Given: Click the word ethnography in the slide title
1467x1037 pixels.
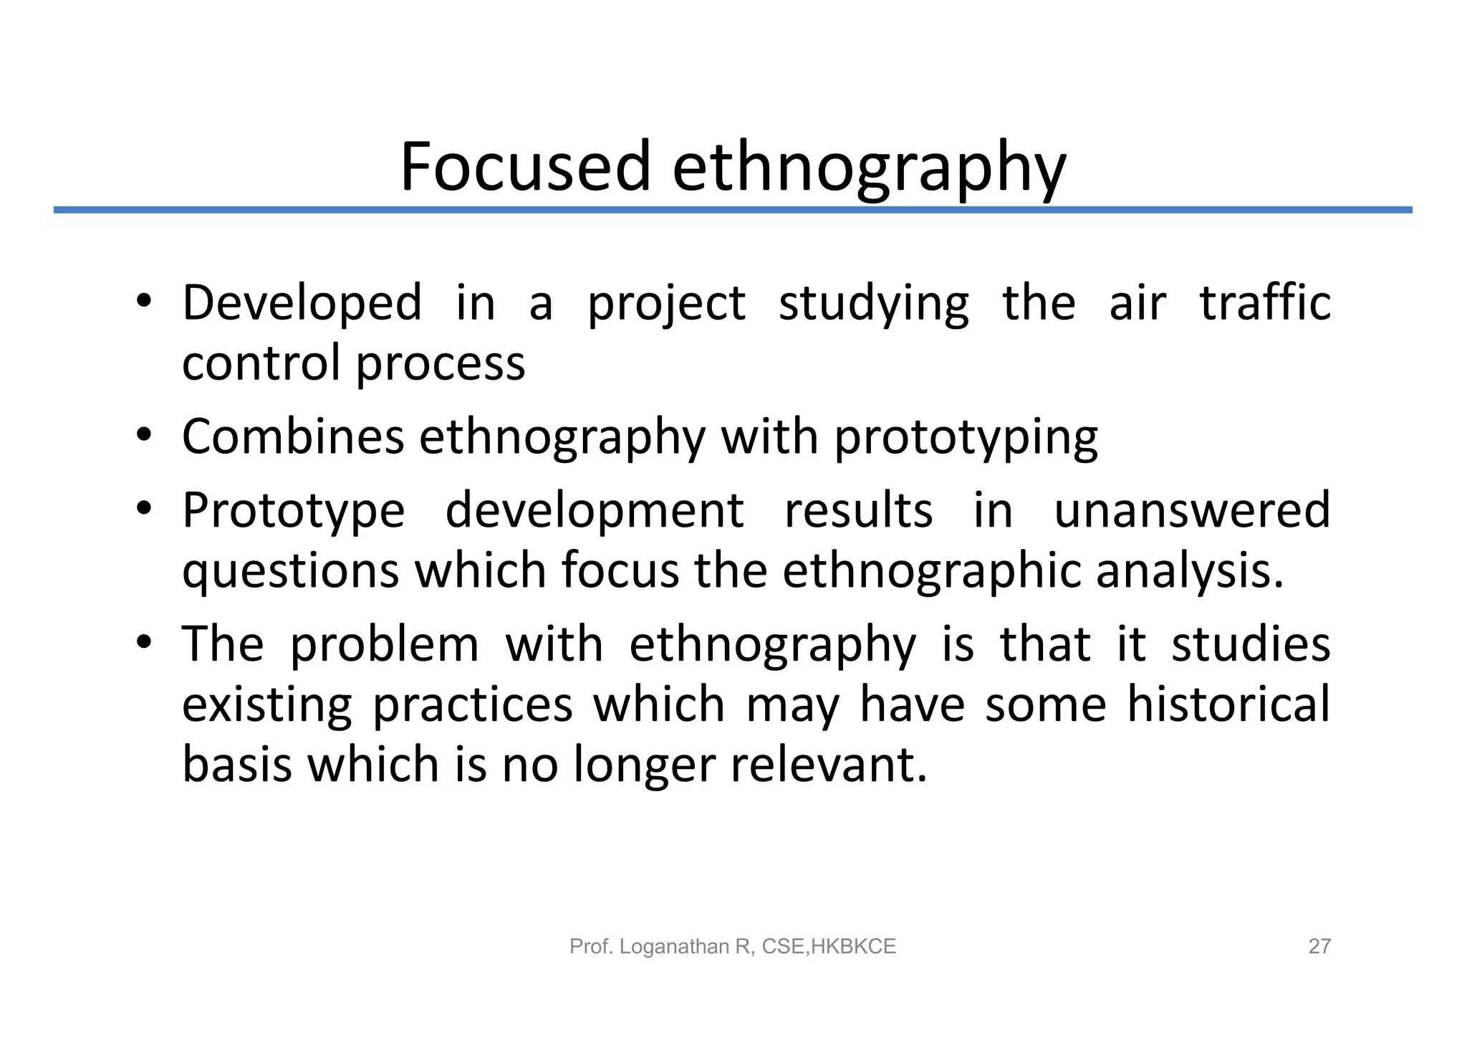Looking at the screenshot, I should point(868,169).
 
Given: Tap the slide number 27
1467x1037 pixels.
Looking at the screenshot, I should point(1319,947).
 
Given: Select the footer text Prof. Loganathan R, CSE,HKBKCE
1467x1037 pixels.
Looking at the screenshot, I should point(732,947).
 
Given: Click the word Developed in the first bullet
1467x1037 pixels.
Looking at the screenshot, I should point(302,303).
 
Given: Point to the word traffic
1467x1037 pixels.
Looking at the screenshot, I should point(1265,303).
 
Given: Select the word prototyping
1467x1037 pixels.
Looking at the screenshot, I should point(966,439).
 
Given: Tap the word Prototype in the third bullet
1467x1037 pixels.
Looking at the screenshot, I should point(293,512).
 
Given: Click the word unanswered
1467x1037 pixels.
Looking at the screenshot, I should point(1192,510).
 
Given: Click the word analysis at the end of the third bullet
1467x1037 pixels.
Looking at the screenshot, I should point(1189,571).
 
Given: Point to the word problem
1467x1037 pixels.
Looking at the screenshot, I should point(384,645).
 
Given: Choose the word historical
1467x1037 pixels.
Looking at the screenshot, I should point(1228,704).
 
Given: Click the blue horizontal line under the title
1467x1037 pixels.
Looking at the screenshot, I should point(732,210).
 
